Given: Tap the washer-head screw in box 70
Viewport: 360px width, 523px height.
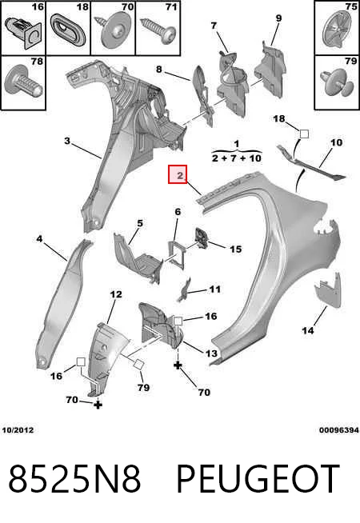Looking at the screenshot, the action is click(114, 30).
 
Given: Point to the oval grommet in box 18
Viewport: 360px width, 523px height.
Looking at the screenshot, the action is click(68, 30).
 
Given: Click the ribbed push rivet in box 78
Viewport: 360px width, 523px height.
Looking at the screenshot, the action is click(22, 82).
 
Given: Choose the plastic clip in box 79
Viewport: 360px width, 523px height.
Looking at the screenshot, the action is click(336, 82).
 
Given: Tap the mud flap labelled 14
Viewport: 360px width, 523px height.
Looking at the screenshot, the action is click(328, 291).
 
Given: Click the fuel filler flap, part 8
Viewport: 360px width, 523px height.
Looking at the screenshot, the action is click(202, 94).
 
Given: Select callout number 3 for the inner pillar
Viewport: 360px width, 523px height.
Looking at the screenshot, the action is click(68, 141).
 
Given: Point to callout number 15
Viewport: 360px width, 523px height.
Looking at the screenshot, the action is click(235, 249).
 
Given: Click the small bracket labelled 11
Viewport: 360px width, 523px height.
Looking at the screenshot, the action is click(183, 289).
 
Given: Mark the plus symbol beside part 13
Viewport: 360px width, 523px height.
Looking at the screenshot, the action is click(178, 365).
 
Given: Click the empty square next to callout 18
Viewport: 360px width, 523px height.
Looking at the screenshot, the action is click(304, 134).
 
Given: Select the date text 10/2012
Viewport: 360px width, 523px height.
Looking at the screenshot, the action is click(18, 430).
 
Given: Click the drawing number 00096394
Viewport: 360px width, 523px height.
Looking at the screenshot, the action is click(339, 430).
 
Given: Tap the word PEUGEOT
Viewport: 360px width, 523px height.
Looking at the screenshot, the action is click(258, 479).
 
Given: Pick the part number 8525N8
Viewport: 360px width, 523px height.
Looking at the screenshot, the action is click(74, 479).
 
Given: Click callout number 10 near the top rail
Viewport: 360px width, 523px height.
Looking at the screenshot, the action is click(336, 143).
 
